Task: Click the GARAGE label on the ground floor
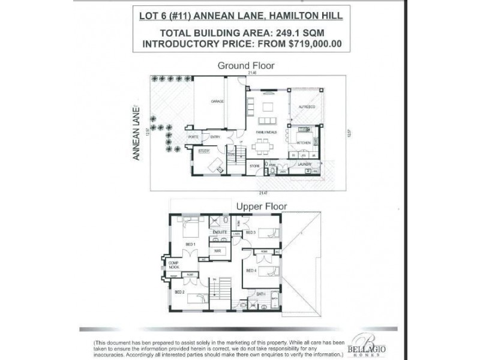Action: click(x=217, y=101)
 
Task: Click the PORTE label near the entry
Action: click(x=193, y=137)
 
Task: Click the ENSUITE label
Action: click(x=220, y=231)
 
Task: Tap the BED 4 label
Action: click(x=251, y=270)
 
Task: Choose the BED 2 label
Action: click(x=179, y=292)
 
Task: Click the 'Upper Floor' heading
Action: click(x=262, y=206)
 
